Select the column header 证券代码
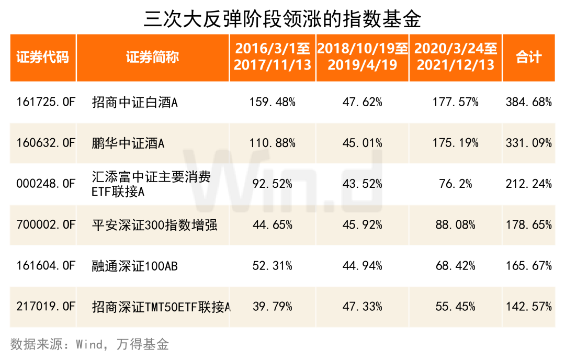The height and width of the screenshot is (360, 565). (42, 58)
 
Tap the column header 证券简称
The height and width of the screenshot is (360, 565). (152, 58)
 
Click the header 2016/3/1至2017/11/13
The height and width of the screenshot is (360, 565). (272, 58)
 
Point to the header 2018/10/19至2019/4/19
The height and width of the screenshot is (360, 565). (363, 58)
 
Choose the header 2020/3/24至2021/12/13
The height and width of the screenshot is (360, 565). (456, 58)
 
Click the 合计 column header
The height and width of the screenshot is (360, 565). (528, 58)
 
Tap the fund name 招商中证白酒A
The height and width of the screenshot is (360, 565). (134, 102)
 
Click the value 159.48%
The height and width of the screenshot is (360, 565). (272, 102)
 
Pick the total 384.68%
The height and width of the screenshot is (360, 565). (528, 102)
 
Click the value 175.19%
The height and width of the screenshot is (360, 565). (456, 143)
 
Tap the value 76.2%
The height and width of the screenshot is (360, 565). (456, 184)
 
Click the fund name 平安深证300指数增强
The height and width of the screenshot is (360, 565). (154, 225)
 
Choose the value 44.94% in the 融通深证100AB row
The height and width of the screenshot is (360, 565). (363, 266)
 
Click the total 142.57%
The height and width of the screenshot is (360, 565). (528, 307)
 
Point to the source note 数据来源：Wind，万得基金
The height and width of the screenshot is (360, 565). (89, 344)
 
